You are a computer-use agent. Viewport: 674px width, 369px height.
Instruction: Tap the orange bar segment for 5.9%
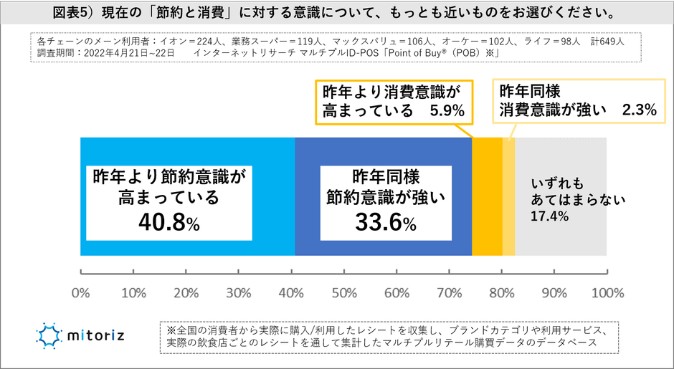click(x=487, y=196)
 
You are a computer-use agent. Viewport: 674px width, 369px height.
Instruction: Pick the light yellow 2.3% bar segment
click(x=508, y=196)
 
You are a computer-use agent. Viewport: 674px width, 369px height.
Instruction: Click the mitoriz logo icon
click(x=50, y=335)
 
